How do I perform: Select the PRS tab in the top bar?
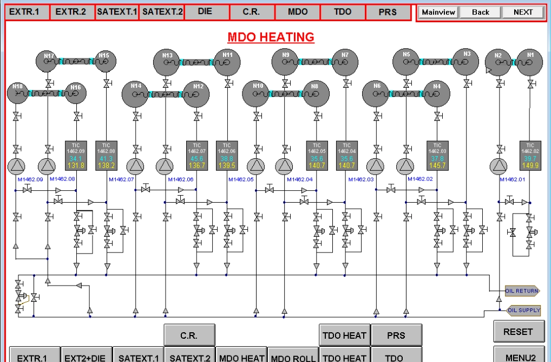pyautogui.click(x=388, y=12)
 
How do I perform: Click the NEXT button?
pyautogui.click(x=523, y=12)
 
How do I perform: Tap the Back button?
pyautogui.click(x=480, y=12)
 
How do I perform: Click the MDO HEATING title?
pyautogui.click(x=271, y=37)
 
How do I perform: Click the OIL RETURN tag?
pyautogui.click(x=522, y=291)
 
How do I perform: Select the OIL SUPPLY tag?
pyautogui.click(x=523, y=310)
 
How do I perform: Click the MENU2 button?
pyautogui.click(x=518, y=357)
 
